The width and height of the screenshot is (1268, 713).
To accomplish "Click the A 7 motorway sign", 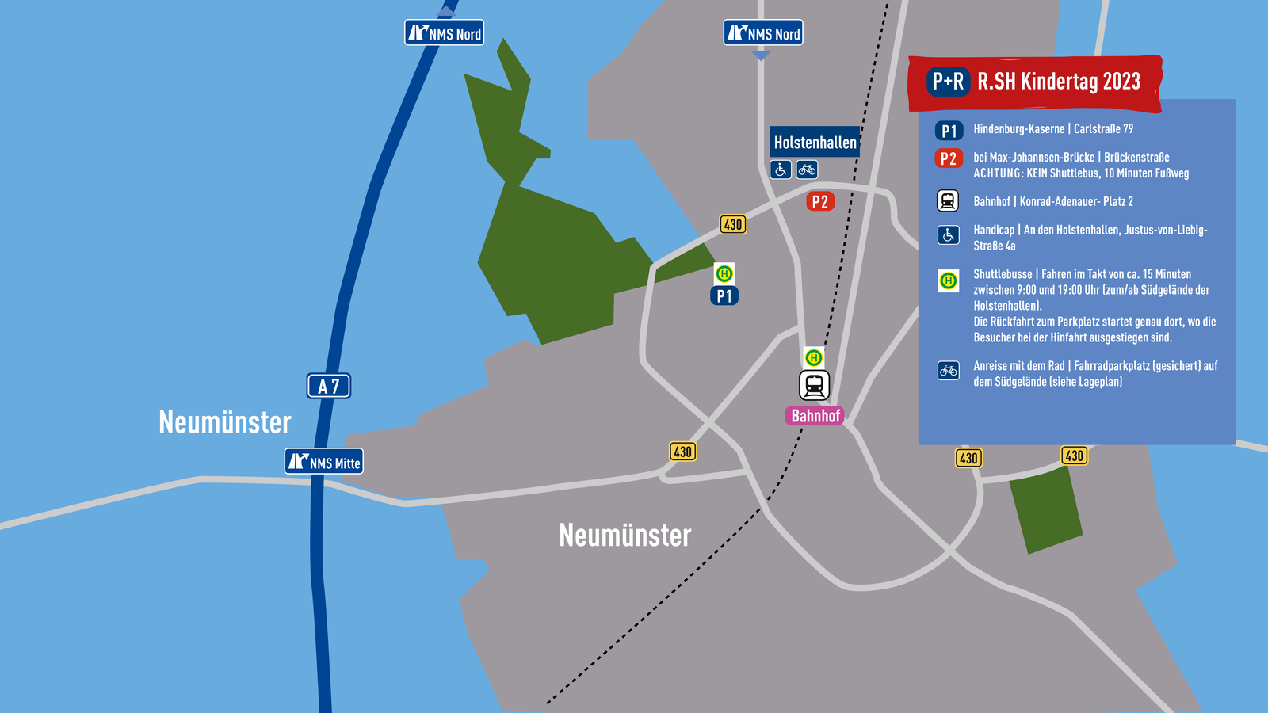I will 329,386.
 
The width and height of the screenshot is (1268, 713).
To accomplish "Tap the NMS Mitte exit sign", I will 324,462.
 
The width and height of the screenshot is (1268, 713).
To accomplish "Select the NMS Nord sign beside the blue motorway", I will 445,33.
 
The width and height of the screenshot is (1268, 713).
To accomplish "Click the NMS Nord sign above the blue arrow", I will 763,33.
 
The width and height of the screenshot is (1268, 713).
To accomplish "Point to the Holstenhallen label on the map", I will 815,143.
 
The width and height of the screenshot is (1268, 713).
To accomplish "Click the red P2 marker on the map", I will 820,201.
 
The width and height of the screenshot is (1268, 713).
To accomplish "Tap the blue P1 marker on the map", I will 724,296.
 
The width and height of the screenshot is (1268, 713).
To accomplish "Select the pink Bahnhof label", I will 815,416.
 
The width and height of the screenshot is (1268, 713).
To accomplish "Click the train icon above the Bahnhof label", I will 814,386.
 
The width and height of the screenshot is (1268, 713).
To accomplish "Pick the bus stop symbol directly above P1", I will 724,274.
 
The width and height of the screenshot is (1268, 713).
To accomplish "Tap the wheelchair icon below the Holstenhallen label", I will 781,170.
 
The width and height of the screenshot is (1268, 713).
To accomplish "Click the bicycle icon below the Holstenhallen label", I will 807,170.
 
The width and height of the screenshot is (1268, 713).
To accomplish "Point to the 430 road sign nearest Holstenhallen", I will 733,224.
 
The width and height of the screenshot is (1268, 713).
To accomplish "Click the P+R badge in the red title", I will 948,81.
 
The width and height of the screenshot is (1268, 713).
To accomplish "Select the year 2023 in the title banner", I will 1121,81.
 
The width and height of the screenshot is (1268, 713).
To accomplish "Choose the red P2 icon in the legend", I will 949,158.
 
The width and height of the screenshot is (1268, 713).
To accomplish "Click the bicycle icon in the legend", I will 949,370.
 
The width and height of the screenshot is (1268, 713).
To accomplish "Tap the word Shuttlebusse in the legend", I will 1003,274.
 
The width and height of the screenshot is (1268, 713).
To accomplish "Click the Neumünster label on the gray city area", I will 624,536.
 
